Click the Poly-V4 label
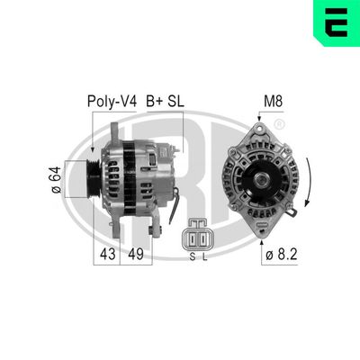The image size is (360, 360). click(x=111, y=102)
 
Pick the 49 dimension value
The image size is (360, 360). click(x=136, y=255)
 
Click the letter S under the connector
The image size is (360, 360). click(x=192, y=256)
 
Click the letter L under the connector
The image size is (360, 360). click(x=204, y=256)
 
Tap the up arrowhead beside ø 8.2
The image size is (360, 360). click(x=261, y=240)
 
